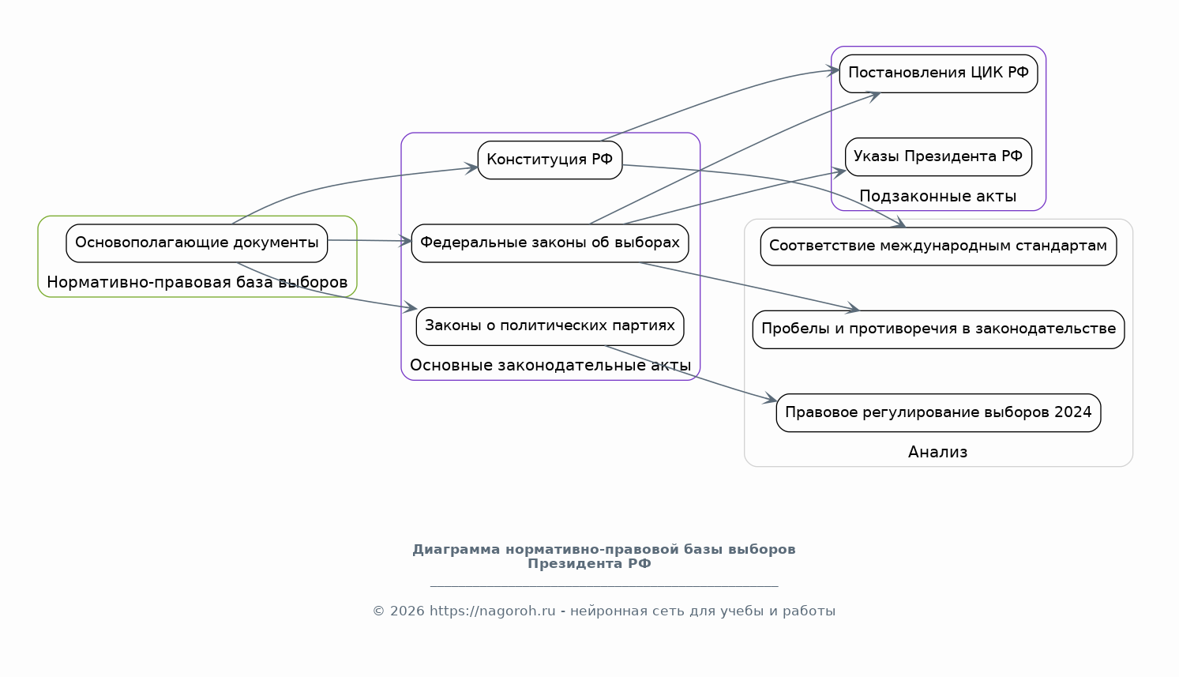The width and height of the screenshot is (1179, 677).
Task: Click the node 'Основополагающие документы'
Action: (197, 243)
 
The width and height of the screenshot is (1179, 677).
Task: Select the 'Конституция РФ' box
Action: (550, 160)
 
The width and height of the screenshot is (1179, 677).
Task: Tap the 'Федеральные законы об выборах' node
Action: (550, 243)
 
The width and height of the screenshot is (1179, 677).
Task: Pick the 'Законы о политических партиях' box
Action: (550, 325)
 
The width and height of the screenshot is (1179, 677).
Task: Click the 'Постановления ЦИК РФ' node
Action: (938, 73)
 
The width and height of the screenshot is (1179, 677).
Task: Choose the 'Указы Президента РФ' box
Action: (938, 156)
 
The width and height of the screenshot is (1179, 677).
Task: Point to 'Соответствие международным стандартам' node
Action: (938, 246)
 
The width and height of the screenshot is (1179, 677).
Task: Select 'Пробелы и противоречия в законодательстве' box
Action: (938, 329)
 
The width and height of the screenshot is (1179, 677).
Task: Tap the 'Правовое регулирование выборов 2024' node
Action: (938, 412)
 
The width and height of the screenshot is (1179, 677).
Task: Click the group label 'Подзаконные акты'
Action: (937, 197)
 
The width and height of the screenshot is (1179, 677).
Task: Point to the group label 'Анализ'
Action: (937, 453)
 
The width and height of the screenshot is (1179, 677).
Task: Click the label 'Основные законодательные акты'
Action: (550, 366)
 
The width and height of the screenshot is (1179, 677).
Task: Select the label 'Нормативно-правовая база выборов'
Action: (197, 283)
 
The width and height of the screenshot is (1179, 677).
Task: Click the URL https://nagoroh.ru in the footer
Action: (492, 611)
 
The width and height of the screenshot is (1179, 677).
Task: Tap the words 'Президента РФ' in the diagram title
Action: (589, 564)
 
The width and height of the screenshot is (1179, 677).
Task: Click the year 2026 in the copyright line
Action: (407, 611)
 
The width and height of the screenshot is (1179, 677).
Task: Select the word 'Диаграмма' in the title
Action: (456, 550)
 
